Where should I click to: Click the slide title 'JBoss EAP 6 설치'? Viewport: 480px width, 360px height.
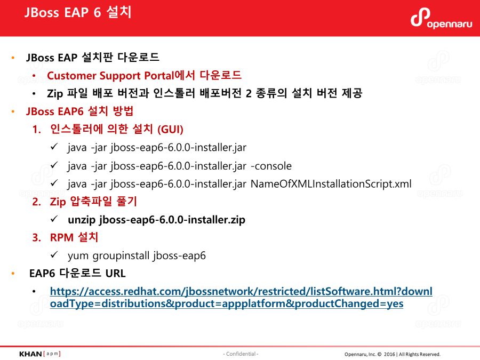click(78, 13)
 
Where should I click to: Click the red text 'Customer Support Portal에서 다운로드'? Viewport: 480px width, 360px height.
click(144, 75)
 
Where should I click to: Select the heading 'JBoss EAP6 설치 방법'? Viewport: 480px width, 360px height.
click(79, 111)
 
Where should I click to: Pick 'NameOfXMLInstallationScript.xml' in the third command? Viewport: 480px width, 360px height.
click(331, 184)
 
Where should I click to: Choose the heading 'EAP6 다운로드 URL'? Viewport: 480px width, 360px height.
click(77, 274)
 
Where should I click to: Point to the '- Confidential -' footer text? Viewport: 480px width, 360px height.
click(240, 354)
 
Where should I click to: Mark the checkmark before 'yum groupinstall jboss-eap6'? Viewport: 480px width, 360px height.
click(54, 255)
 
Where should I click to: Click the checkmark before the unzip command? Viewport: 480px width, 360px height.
click(54, 219)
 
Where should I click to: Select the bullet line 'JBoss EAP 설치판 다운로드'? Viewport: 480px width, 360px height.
click(92, 57)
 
